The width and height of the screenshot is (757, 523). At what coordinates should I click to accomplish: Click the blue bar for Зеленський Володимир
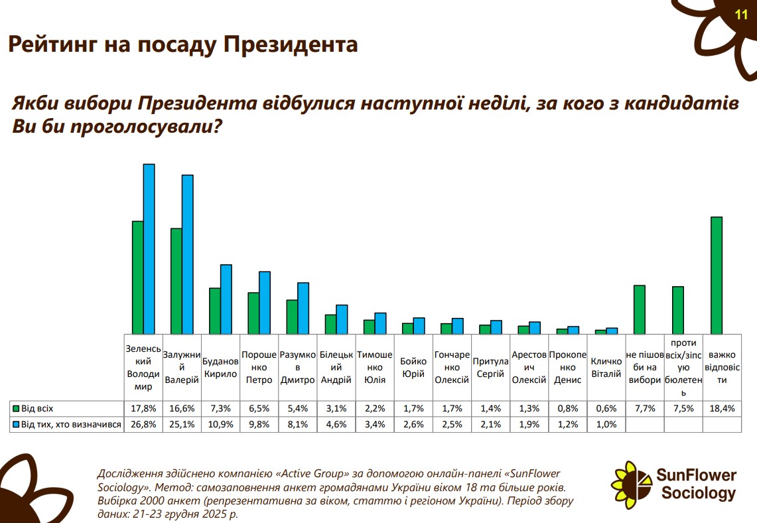[x=149, y=249]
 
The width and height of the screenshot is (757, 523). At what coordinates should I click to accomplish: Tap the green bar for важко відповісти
[x=717, y=275]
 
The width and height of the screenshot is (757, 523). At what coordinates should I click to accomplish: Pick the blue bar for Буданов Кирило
[x=226, y=299]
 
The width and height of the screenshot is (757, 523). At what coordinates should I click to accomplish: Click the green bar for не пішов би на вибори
[x=640, y=309]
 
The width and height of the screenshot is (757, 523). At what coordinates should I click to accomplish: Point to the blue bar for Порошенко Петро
[x=265, y=302]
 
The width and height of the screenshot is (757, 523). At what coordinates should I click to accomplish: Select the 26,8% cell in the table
[x=143, y=425]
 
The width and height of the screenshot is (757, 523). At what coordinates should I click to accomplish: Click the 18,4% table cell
[x=722, y=408]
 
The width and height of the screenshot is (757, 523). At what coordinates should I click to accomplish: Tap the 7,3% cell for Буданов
[x=220, y=408]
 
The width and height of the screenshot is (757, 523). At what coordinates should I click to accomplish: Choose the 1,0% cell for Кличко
[x=606, y=425]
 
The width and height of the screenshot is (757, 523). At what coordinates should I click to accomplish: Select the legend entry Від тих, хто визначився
[x=66, y=425]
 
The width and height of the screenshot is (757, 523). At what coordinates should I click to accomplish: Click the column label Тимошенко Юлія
[x=375, y=368]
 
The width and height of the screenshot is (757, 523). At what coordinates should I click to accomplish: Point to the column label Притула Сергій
[x=490, y=368]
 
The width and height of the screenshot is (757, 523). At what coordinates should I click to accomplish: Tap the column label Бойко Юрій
[x=413, y=368]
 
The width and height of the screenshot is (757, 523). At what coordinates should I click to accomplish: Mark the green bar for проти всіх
[x=678, y=310]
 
